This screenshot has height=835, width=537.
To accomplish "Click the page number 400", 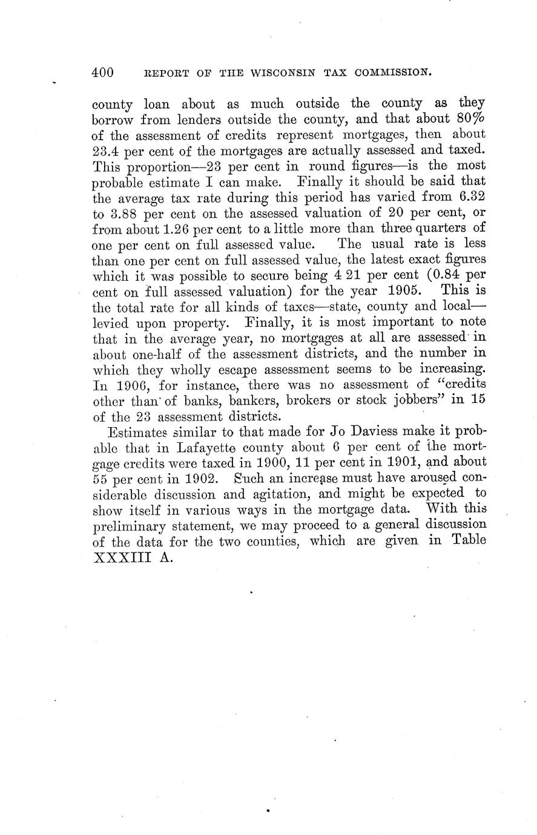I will [x=103, y=73].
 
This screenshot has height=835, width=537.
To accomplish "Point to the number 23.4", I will [x=105, y=150].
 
